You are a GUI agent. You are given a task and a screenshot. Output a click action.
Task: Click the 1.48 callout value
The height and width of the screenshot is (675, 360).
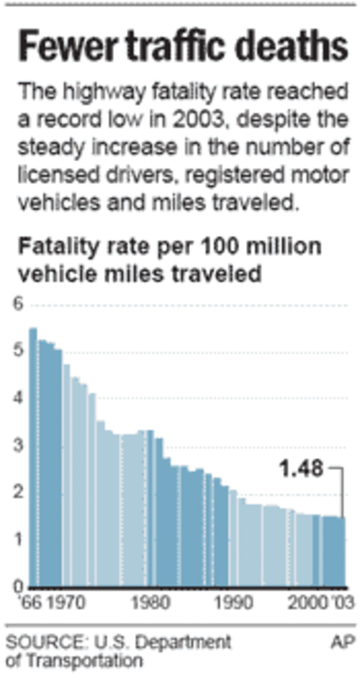[301, 469]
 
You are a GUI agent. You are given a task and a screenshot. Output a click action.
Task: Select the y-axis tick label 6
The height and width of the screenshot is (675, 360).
[18, 305]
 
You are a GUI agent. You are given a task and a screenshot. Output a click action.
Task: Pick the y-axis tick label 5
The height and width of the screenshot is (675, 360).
[18, 351]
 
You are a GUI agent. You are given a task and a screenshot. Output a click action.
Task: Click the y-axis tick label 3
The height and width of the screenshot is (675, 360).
[18, 446]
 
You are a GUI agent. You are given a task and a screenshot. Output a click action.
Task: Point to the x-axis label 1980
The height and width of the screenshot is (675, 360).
[150, 603]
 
